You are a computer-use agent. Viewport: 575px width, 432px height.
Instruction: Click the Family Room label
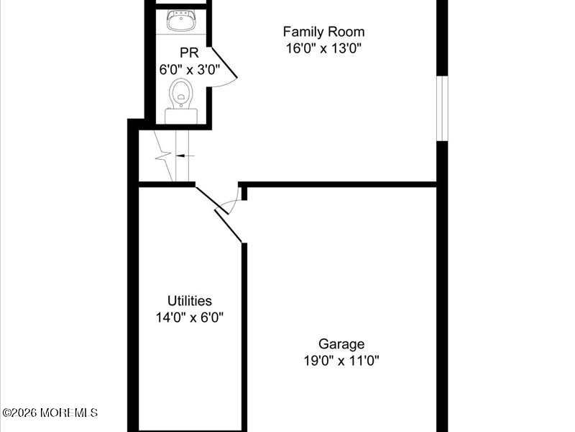pos(323,32)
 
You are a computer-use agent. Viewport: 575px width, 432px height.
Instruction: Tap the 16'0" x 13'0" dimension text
pos(323,49)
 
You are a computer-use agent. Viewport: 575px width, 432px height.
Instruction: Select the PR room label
pos(189,53)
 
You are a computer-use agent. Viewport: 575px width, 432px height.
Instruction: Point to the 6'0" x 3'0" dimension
pos(189,70)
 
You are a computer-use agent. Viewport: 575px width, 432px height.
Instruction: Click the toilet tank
pos(180,115)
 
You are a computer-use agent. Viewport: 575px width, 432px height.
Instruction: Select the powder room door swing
pos(223,68)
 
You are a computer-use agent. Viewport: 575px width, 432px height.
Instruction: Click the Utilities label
pos(190,301)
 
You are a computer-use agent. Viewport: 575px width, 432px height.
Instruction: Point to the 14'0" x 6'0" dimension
pos(190,318)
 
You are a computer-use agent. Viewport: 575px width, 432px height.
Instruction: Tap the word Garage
pos(341,344)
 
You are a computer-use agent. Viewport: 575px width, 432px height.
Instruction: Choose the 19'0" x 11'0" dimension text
pos(341,361)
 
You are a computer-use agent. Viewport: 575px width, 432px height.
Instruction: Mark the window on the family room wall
pos(443,108)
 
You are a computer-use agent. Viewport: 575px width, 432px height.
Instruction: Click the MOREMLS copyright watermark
pos(50,413)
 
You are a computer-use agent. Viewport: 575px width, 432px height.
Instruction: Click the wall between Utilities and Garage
pos(244,331)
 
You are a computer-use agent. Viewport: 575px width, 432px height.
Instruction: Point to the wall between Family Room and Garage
pos(338,184)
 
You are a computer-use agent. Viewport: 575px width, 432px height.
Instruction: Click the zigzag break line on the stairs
pos(163,156)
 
